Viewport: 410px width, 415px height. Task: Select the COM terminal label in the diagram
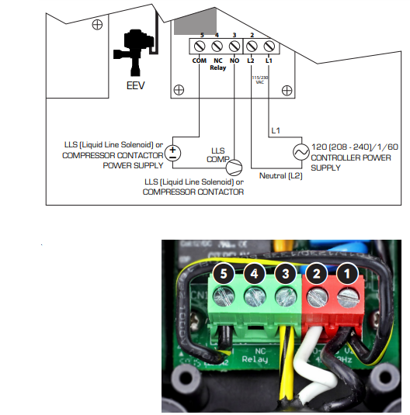point(199,60)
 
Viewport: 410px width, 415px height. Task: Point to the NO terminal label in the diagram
point(234,60)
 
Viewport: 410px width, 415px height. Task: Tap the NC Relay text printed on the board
point(255,354)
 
